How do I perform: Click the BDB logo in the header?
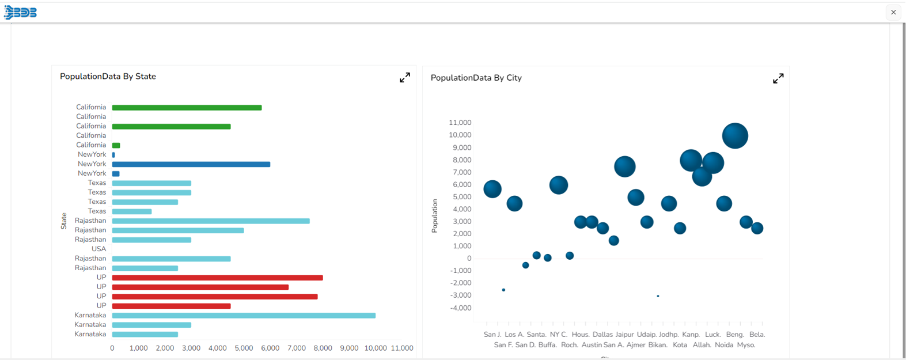[x=21, y=13]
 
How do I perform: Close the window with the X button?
[x=893, y=12]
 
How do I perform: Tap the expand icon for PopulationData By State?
[x=405, y=78]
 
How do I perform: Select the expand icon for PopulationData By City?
[x=778, y=78]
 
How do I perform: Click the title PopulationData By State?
[x=108, y=77]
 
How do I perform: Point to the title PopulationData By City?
[x=476, y=78]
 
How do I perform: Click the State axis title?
[x=64, y=221]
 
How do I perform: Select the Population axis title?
[x=435, y=216]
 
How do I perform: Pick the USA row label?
[x=99, y=249]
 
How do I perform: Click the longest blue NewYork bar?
[x=191, y=164]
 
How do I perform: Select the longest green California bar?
[x=187, y=108]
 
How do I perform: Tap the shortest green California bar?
[x=116, y=145]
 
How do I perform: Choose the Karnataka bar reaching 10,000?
[x=244, y=316]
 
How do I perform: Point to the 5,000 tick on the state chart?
[x=244, y=348]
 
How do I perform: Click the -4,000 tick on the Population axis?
[x=460, y=308]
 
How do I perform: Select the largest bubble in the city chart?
[x=735, y=136]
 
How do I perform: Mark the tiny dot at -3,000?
[x=658, y=296]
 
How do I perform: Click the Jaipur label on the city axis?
[x=624, y=335]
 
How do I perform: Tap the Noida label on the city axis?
[x=724, y=345]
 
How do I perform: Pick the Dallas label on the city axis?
[x=602, y=335]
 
